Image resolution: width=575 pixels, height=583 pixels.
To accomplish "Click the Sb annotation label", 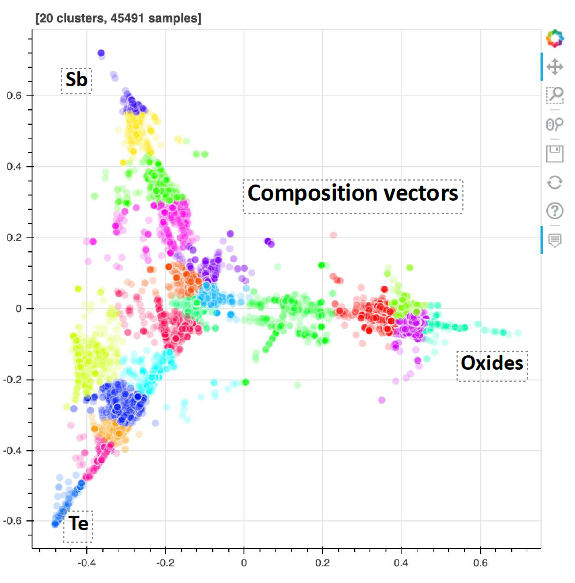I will (x=76, y=80).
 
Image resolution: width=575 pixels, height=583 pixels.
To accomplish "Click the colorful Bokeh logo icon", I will (x=555, y=39).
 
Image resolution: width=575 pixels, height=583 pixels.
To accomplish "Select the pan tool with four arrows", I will (x=555, y=67).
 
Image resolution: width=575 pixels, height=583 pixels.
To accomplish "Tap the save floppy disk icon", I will (x=555, y=154).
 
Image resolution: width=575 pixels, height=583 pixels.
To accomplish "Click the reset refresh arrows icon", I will (x=555, y=183).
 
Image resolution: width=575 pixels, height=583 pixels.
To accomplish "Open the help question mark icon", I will (x=555, y=211).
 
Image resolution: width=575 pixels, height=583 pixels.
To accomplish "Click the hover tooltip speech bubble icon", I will (x=555, y=240).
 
